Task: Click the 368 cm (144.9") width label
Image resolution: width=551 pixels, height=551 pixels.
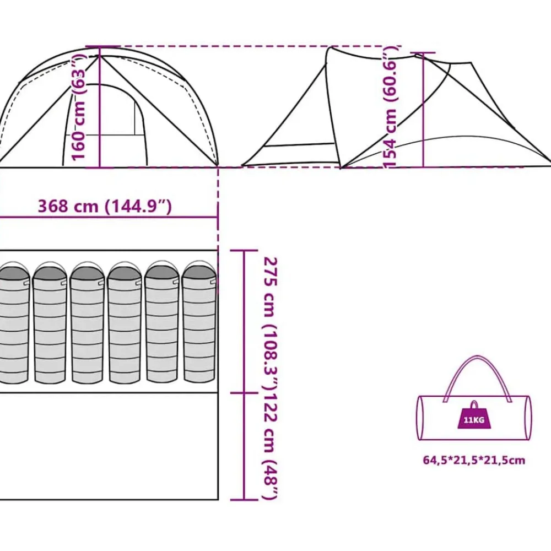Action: click(x=105, y=206)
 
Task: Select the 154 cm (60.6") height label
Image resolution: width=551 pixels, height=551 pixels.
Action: click(x=390, y=107)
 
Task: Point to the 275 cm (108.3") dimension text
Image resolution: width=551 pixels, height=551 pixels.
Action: click(x=271, y=323)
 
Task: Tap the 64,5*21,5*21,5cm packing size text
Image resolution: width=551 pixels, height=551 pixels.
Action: click(x=474, y=460)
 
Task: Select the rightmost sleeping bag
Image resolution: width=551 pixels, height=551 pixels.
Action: click(x=199, y=322)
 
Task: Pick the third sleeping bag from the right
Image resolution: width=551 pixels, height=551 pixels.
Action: click(x=125, y=322)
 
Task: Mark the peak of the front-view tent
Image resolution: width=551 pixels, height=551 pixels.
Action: click(x=100, y=56)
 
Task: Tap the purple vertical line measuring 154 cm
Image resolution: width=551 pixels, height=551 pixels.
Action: click(x=423, y=110)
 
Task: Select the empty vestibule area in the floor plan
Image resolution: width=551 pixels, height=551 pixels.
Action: click(x=109, y=446)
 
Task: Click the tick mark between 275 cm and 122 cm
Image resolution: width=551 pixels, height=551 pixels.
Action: click(x=244, y=393)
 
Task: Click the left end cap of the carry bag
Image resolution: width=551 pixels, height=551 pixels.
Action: click(x=420, y=418)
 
